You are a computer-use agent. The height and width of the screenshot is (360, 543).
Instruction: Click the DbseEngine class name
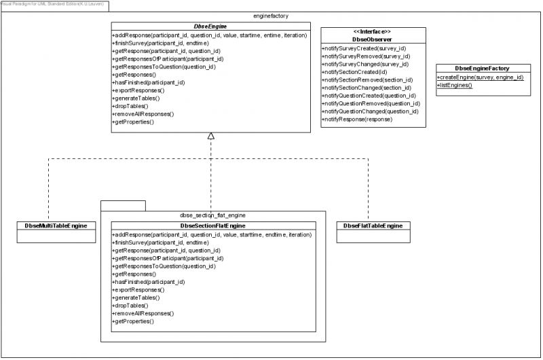211,26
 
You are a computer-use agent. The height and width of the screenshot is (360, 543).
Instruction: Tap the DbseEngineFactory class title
482,68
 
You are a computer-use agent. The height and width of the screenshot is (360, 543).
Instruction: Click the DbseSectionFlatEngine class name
212,225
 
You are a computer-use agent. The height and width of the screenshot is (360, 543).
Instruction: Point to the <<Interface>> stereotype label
373,32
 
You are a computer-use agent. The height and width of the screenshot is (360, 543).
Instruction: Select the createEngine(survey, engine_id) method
481,77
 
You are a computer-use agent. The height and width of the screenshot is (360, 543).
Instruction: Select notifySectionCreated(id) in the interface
354,72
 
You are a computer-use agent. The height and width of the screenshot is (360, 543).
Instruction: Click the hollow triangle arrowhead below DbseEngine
211,137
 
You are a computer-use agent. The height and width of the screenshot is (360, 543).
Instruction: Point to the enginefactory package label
271,14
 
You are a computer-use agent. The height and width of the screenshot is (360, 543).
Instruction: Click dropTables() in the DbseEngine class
131,106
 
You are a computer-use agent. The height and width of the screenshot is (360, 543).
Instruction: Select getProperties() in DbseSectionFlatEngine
133,321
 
